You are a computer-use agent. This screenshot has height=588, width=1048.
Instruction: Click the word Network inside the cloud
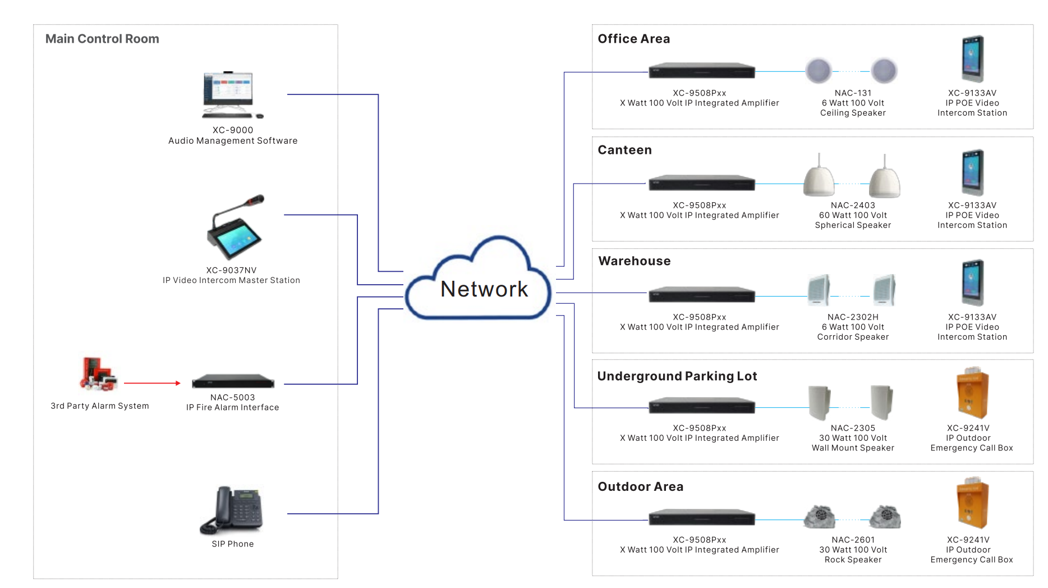[484, 289]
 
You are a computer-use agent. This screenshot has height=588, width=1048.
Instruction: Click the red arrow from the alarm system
[152, 383]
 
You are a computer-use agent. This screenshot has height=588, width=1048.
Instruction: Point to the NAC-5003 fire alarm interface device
[233, 381]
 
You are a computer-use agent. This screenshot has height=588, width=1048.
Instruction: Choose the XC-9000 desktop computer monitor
[228, 89]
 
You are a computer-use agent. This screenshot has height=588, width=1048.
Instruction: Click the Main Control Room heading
[102, 39]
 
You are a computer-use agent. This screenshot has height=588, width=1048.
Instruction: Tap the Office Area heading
[633, 39]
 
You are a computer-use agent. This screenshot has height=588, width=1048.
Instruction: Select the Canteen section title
[624, 150]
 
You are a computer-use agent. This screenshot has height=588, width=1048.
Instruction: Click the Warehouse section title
[634, 261]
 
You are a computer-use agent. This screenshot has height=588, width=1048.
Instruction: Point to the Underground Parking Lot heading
[677, 376]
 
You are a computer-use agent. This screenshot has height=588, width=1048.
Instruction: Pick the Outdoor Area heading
[640, 487]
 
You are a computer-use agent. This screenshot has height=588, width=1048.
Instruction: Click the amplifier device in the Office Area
[701, 71]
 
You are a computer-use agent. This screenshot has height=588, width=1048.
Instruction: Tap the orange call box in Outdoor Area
[972, 503]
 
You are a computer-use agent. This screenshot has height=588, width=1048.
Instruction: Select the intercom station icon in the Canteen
[973, 172]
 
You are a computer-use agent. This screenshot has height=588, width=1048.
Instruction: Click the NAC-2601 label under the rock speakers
[853, 540]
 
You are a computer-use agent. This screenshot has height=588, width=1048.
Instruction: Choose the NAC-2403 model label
[853, 206]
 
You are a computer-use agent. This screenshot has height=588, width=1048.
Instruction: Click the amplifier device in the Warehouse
[701, 295]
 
